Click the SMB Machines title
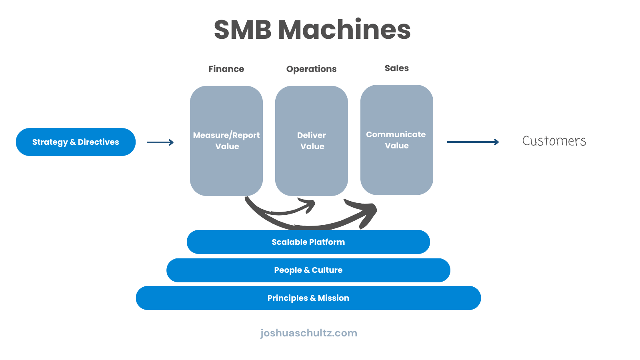coord(312,30)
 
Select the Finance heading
coord(226,69)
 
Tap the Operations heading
coord(311,69)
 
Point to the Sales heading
coord(396,68)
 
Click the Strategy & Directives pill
coord(76,142)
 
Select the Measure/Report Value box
coord(226,141)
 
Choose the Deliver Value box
coord(312,141)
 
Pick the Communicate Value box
coord(396,140)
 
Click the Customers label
coord(554,141)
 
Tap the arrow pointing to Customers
coord(472,142)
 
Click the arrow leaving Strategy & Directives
coord(160,142)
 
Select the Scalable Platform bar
coord(308,242)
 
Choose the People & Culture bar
coord(308,270)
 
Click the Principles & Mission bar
coord(308,298)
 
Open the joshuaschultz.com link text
coord(308,333)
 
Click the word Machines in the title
coord(344,30)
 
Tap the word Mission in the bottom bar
coord(333,298)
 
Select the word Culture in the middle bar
coord(327,270)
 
